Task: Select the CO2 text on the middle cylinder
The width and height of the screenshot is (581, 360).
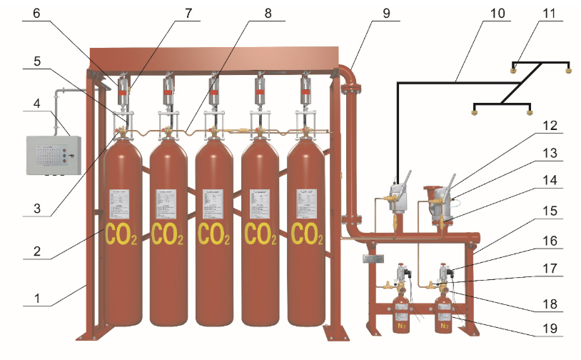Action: tap(215, 234)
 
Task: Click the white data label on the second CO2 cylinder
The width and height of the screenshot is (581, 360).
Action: tap(168, 204)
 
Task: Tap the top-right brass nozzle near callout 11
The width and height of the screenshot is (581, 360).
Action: tap(568, 70)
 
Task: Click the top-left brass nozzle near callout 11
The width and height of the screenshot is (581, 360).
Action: tap(514, 70)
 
